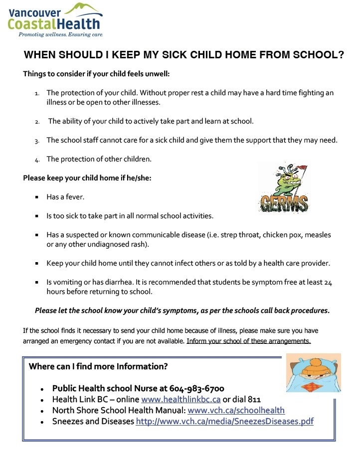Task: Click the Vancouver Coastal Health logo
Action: tap(55, 19)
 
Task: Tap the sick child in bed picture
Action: tap(313, 373)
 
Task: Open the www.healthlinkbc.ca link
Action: tap(181, 400)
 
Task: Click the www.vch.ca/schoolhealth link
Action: tap(236, 411)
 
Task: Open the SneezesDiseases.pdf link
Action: tap(225, 422)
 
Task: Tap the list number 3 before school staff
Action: tap(37, 141)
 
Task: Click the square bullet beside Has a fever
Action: tap(37, 197)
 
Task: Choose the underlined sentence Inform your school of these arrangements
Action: tap(248, 341)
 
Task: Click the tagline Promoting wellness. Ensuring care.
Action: tap(61, 35)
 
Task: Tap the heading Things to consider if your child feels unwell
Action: tap(96, 74)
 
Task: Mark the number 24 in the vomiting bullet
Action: tap(327, 282)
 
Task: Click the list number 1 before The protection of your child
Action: tap(37, 94)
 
